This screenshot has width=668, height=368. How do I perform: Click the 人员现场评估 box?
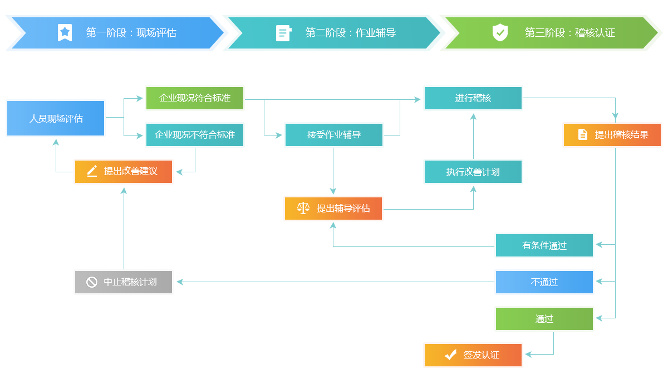coord(56,118)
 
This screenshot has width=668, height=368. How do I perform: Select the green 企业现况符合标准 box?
coord(195,98)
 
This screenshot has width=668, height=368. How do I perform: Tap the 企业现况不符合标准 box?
coord(195,135)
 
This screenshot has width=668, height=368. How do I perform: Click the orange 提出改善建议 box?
coord(124,171)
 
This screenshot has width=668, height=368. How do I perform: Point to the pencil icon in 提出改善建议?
coord(92,171)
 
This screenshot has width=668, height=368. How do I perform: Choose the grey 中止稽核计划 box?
coord(124,282)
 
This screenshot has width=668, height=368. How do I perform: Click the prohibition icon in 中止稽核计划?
coord(92,282)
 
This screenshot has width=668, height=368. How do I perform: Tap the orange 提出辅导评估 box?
coord(333,209)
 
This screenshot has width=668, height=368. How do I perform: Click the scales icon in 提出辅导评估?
coord(303,209)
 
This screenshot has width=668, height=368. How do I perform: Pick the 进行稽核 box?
coord(473,98)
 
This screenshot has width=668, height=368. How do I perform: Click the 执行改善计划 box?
coord(473,172)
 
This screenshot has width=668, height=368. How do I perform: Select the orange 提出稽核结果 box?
coord(612,134)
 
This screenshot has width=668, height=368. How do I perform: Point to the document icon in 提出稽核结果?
coord(583,134)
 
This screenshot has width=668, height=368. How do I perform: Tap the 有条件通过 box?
coord(544,245)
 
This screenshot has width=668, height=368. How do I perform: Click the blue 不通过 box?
coord(544,282)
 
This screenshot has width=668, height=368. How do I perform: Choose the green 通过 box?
coord(544,319)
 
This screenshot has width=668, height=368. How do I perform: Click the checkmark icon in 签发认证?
coord(450,355)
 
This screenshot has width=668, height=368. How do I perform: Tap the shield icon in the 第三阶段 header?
coord(500,32)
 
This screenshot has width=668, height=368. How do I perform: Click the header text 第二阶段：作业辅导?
coord(351,33)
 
